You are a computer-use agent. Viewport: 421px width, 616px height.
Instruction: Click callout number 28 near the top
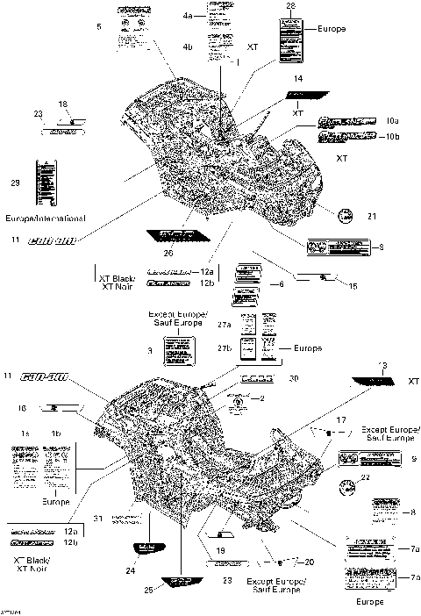[291, 7]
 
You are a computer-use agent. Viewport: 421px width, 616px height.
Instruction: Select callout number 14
[298, 79]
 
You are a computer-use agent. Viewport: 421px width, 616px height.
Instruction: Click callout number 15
[354, 285]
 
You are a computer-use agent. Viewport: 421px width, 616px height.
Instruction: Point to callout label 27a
[225, 325]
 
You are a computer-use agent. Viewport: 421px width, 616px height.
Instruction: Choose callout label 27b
[225, 348]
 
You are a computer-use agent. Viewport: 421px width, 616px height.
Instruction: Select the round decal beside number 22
[349, 490]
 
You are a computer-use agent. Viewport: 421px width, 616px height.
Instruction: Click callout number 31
[99, 517]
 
